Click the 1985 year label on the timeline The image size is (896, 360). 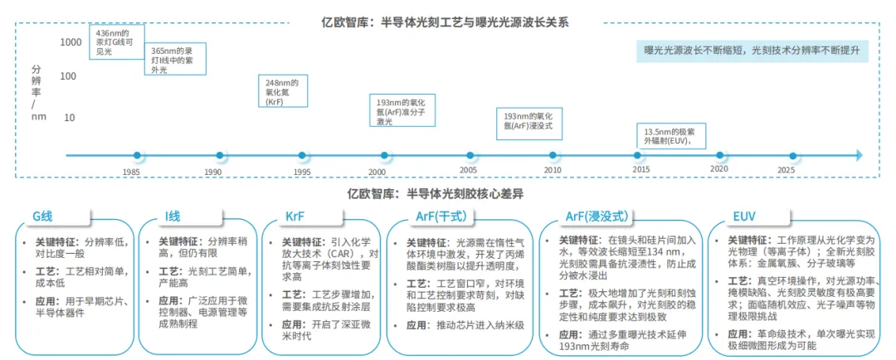point(131,172)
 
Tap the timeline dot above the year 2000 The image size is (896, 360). point(384,155)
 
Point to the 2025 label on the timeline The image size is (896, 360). point(786,169)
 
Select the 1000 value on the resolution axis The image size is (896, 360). point(71,41)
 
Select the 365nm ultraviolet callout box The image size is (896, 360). point(170,61)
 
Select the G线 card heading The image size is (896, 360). point(42,216)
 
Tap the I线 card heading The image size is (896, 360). point(173,216)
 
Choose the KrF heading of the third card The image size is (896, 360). point(295,216)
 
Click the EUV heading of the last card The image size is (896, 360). point(743,216)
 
